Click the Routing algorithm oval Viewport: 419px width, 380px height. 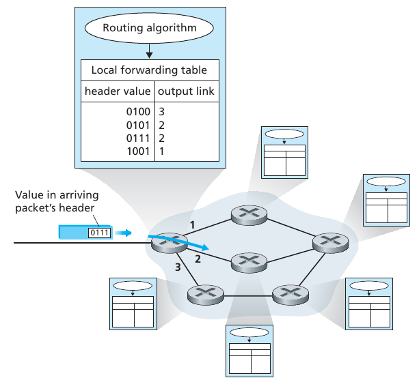click(x=149, y=28)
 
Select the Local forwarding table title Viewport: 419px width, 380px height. click(x=149, y=70)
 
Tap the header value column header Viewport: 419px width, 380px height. click(x=117, y=91)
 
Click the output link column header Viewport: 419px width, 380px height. click(x=186, y=91)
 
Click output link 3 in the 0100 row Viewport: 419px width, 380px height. click(x=162, y=111)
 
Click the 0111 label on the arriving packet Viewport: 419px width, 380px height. click(x=98, y=233)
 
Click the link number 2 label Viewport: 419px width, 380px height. click(x=198, y=259)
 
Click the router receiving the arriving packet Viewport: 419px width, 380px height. click(x=165, y=242)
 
